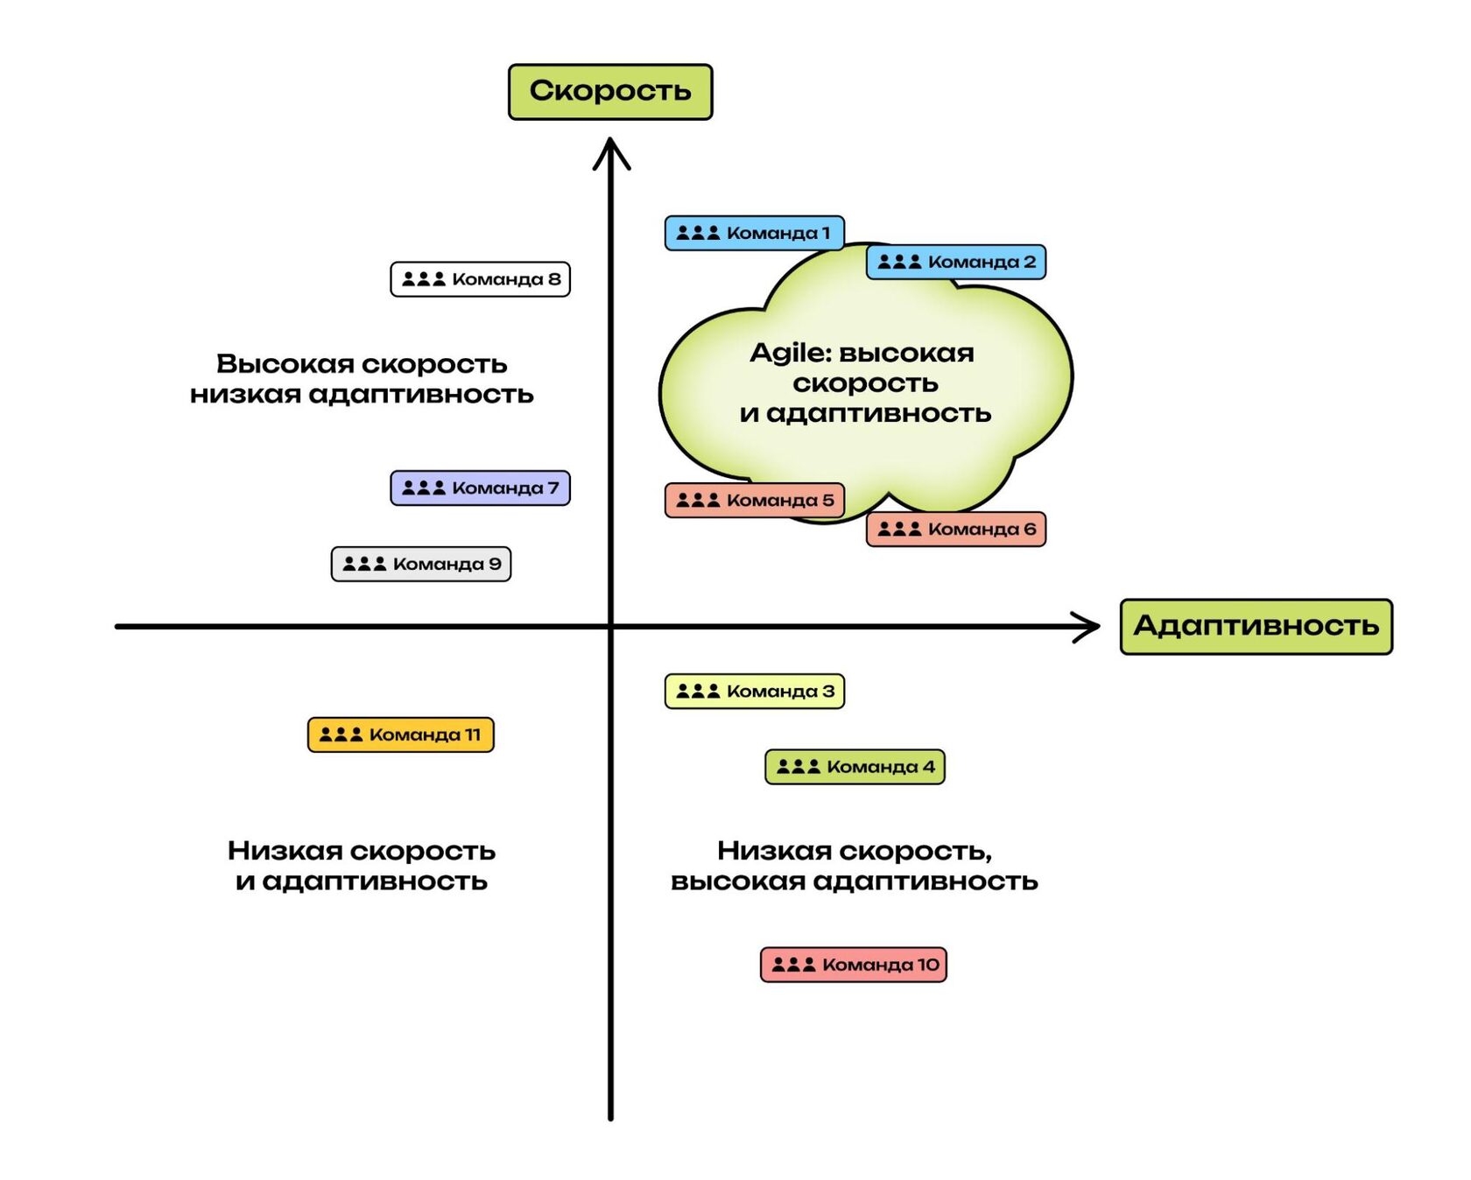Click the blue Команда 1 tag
[754, 233]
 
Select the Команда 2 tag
[955, 262]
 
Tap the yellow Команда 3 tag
[754, 692]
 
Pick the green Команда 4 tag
[855, 767]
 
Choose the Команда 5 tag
[754, 501]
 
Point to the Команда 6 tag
[955, 530]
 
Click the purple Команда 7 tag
[480, 488]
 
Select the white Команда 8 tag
[480, 279]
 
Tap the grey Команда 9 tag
[420, 564]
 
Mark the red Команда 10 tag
[853, 965]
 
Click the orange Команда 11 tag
[400, 734]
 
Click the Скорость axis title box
[610, 91]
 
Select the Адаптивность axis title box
[1256, 626]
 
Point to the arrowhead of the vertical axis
[611, 149]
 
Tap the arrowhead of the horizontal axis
[1089, 627]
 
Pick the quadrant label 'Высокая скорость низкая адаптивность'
[362, 379]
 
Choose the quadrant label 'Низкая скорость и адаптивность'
[362, 866]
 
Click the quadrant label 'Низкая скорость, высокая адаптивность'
[854, 866]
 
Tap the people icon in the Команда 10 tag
[793, 965]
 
